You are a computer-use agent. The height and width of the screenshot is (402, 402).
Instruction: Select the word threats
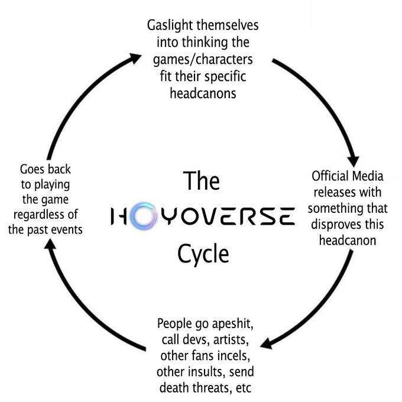(x=209, y=388)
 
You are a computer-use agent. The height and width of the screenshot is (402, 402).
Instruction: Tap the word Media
(x=368, y=176)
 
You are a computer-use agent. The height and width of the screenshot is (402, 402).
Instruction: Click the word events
(x=66, y=229)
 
